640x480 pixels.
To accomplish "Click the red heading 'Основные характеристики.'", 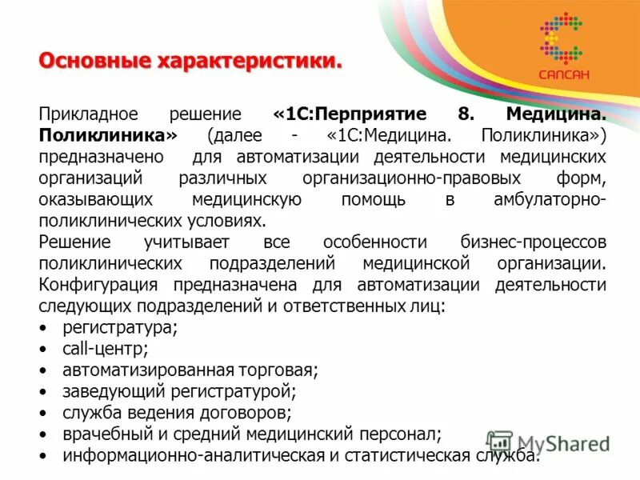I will (x=191, y=61).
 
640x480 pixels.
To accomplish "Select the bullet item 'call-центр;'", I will (x=105, y=349).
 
